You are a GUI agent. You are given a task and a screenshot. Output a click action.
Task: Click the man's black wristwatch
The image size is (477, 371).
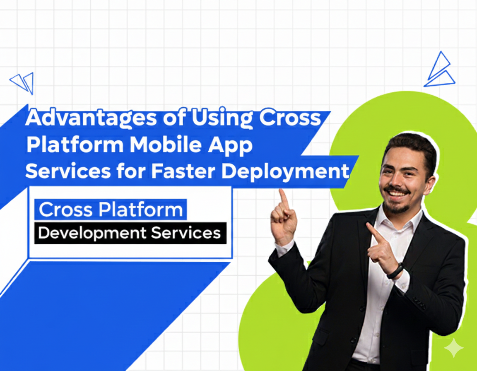[x=395, y=271]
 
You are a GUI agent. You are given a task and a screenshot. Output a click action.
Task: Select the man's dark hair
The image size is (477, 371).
[x=410, y=145]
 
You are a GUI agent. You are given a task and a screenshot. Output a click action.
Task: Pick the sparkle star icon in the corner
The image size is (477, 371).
[x=454, y=347]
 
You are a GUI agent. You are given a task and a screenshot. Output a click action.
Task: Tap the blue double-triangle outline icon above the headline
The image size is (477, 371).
[x=22, y=82]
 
